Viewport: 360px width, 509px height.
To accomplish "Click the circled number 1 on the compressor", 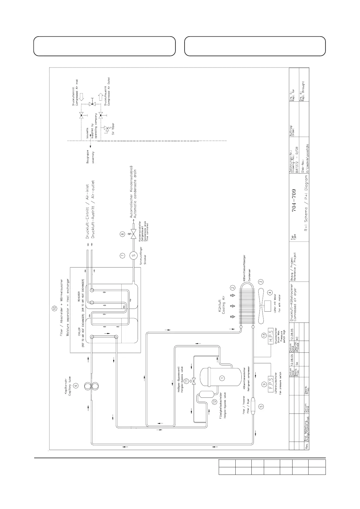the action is click(x=222, y=378).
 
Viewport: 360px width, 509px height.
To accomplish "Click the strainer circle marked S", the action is click(x=133, y=255).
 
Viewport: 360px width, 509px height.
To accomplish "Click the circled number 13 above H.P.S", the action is click(x=264, y=335).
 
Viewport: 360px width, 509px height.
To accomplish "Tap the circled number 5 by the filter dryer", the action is click(x=261, y=407).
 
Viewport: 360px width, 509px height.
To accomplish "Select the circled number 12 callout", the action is click(x=214, y=402).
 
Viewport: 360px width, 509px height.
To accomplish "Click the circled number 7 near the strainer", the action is click(x=122, y=256).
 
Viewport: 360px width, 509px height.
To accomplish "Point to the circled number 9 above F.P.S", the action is click(x=264, y=384).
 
